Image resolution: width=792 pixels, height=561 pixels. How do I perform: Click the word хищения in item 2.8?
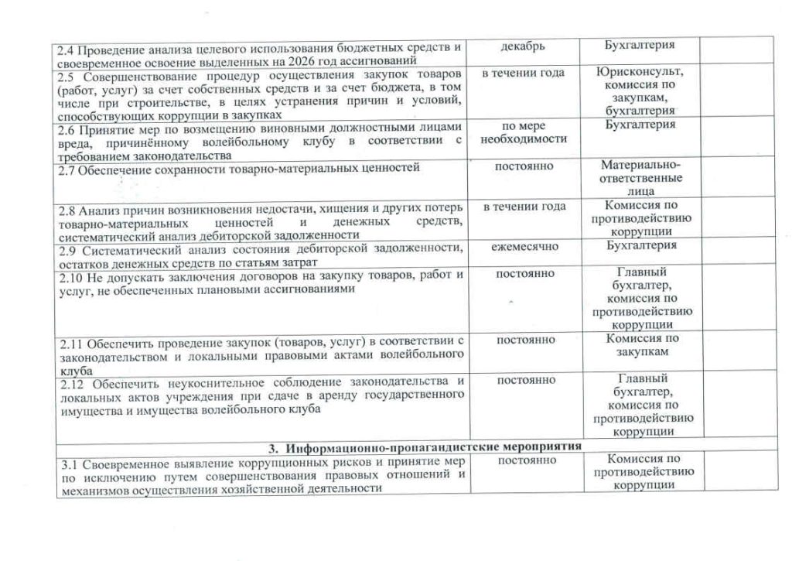coord(309,209)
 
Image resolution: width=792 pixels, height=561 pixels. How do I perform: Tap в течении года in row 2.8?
coord(523,207)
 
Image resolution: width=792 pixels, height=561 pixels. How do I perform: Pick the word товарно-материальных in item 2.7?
coord(276,167)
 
